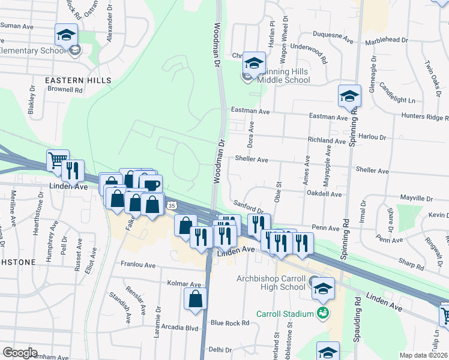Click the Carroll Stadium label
[285, 313]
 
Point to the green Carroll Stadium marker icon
[323, 313]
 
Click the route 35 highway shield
[172, 206]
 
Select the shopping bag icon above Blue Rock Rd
[196, 299]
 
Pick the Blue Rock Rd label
[230, 323]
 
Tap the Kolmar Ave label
[184, 284]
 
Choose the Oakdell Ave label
[324, 194]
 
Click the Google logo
[20, 353]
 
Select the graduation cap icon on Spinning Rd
[349, 96]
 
